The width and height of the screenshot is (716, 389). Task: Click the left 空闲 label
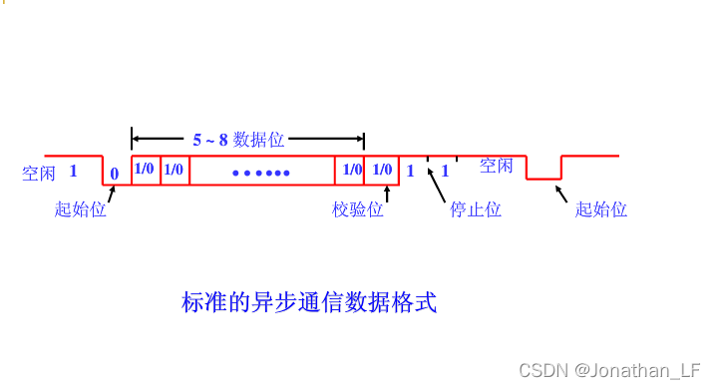(39, 173)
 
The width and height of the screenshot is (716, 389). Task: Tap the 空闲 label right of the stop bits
(497, 166)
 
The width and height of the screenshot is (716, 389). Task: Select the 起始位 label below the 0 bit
(80, 209)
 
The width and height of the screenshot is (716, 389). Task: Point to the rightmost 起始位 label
(601, 209)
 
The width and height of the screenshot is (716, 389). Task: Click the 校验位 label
(358, 209)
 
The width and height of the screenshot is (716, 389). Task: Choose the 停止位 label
(475, 209)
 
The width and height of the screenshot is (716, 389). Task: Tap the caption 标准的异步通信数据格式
(309, 302)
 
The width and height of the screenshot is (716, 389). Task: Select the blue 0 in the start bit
(114, 174)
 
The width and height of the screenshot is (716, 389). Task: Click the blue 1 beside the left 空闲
(74, 171)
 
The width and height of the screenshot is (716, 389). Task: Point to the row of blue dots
(260, 174)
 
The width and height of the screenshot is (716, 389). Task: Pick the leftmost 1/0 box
(145, 169)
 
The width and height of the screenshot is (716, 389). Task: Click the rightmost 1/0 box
(382, 170)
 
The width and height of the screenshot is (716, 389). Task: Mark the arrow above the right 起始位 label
(559, 193)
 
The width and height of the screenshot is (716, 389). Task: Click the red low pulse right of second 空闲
(543, 178)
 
